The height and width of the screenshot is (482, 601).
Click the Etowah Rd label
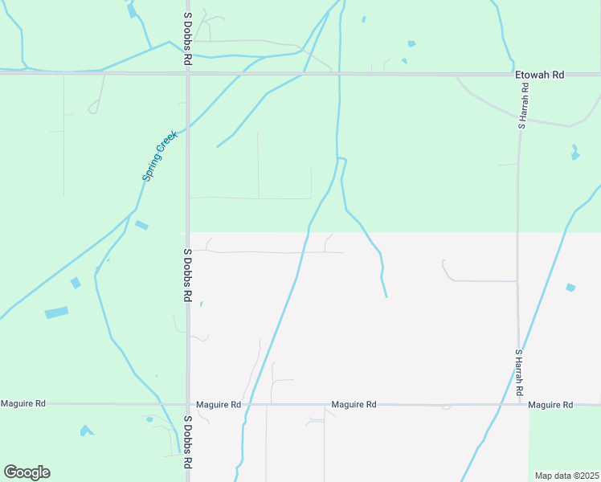pos(540,75)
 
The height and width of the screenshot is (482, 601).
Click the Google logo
pos(27,472)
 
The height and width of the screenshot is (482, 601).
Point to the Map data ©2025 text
pos(566,475)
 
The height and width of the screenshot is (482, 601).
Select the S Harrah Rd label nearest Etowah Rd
pos(522,104)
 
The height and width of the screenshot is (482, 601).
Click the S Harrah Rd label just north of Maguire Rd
pos(519,371)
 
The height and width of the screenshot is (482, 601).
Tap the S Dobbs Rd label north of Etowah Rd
pos(187,38)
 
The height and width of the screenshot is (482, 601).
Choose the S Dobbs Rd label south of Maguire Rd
pos(187,443)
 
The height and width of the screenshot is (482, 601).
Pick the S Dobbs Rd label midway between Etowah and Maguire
pos(187,275)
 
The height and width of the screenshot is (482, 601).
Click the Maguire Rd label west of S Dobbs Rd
pos(23,403)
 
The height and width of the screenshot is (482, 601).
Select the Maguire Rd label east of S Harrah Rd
pos(551,404)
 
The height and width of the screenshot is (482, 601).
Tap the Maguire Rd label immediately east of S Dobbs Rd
pos(219,405)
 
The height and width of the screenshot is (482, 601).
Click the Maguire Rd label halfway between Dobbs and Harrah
pos(354,405)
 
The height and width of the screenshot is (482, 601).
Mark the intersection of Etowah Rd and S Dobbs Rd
pos(188,73)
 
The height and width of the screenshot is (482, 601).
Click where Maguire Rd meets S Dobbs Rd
pos(188,404)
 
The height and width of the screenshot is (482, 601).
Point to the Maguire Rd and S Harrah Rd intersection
pos(519,404)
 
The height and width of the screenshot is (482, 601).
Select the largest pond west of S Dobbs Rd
pos(56,312)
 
